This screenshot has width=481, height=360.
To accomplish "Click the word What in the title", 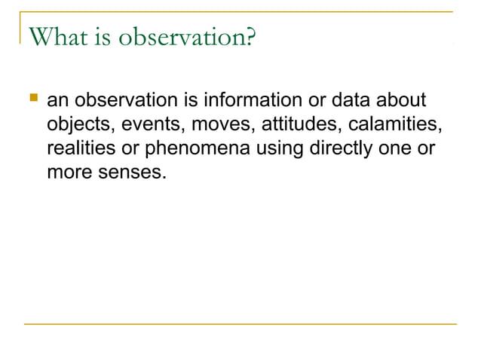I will pyautogui.click(x=54, y=36).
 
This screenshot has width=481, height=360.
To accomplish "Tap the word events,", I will pyautogui.click(x=146, y=124).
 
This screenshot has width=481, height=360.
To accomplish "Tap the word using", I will pyautogui.click(x=277, y=148).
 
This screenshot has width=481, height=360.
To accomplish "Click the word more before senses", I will pyautogui.click(x=68, y=172).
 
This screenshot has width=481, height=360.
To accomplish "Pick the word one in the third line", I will pyautogui.click(x=395, y=148).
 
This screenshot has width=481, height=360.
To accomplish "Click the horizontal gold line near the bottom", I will pyautogui.click(x=240, y=325).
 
